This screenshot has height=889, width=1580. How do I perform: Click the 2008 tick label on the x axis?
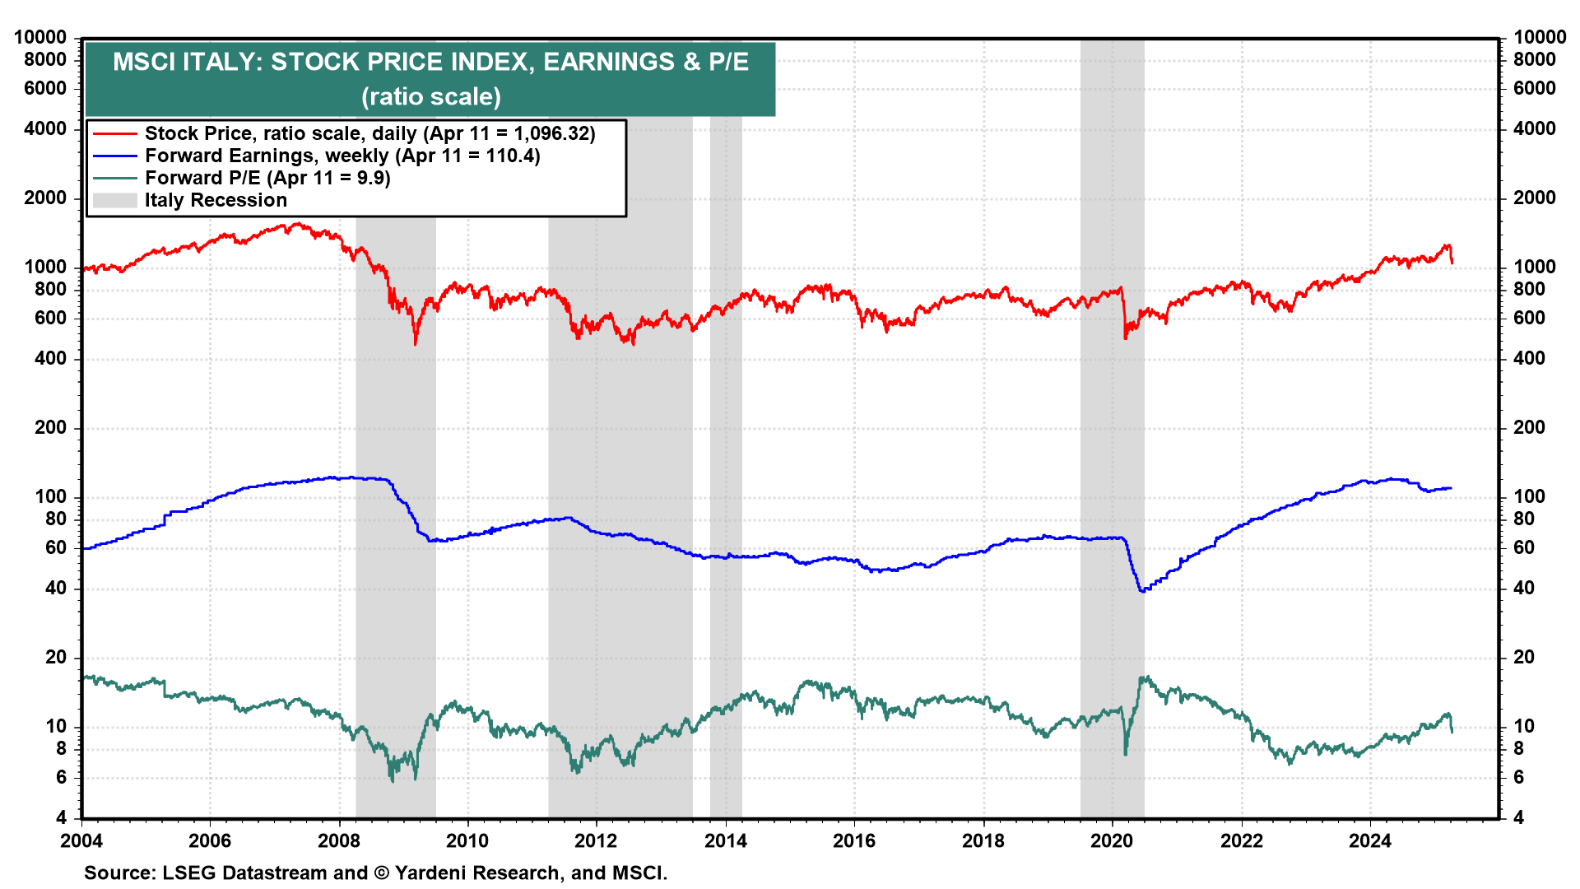pyautogui.click(x=338, y=840)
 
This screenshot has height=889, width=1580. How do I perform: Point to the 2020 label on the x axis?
pyautogui.click(x=1112, y=840)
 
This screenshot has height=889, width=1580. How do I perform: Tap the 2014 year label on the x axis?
pyautogui.click(x=725, y=840)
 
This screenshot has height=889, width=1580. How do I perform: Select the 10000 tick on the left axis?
pyautogui.click(x=39, y=37)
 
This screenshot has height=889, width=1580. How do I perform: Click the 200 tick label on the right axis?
pyautogui.click(x=1529, y=427)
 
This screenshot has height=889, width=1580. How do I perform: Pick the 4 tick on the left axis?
pyautogui.click(x=61, y=817)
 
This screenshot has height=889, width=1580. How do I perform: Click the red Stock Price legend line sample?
pyautogui.click(x=114, y=133)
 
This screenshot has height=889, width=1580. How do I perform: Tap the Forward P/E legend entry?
pyautogui.click(x=267, y=178)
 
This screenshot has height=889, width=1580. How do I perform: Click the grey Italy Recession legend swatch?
pyautogui.click(x=114, y=200)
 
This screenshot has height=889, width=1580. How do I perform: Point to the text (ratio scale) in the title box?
pyautogui.click(x=430, y=96)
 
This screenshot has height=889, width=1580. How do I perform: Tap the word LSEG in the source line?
pyautogui.click(x=188, y=873)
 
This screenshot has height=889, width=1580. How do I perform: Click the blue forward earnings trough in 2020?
pyautogui.click(x=1142, y=591)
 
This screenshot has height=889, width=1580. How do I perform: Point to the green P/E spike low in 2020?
pyautogui.click(x=1126, y=753)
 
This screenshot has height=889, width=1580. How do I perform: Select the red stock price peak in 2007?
pyautogui.click(x=298, y=223)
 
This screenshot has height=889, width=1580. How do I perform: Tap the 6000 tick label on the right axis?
pyautogui.click(x=1534, y=88)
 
